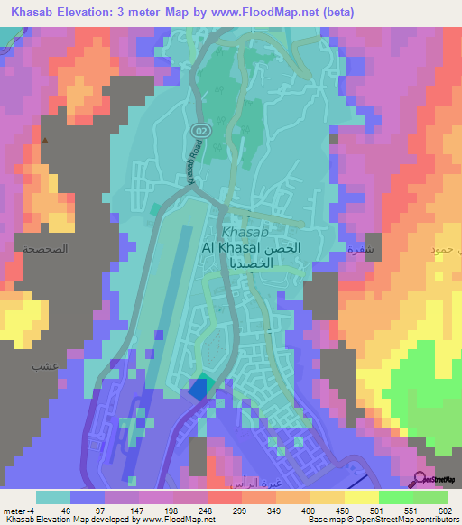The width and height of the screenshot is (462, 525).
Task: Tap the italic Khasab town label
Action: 245,231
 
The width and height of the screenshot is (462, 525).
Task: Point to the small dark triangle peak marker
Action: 43,140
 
